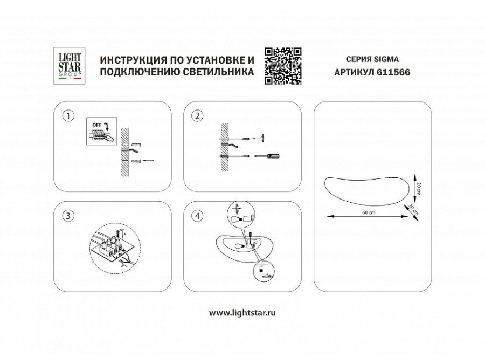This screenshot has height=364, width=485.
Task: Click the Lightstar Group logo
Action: coord(70,65)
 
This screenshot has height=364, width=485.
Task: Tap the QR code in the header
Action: coord(282,65)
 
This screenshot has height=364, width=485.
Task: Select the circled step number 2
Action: coord(198,115)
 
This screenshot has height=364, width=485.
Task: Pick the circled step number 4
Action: coord(198,216)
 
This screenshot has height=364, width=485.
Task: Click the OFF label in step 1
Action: coord(97,125)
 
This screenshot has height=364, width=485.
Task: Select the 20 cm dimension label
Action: coord(418,185)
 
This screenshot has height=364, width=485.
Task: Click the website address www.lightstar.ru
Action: coord(242,312)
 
